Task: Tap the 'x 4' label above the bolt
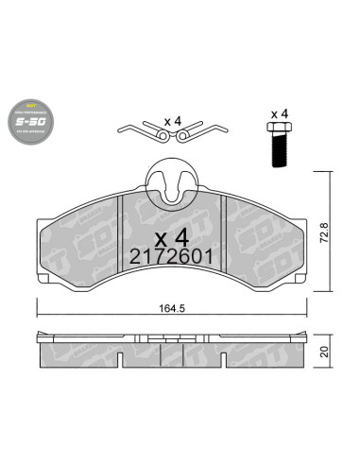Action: tap(280, 113)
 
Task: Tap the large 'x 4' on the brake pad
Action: tap(171, 232)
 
